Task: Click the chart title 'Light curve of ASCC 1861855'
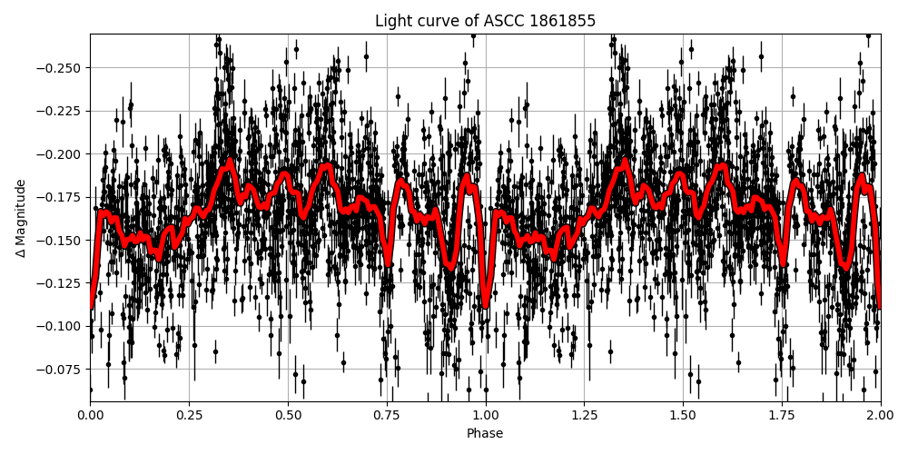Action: pos(485,21)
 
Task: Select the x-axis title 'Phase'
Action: pos(485,434)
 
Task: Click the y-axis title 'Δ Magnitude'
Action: pos(21,218)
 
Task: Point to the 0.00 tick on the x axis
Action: pos(90,414)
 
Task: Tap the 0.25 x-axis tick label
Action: pos(189,414)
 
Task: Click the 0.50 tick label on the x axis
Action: pos(288,414)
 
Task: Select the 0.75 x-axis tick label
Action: pos(387,414)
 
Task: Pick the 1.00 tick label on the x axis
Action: pos(485,414)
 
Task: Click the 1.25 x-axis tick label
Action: pos(584,414)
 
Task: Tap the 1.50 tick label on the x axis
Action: pos(683,414)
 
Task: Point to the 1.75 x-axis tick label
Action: pos(782,414)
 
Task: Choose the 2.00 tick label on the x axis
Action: pos(880,414)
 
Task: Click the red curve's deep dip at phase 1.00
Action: pos(486,303)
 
